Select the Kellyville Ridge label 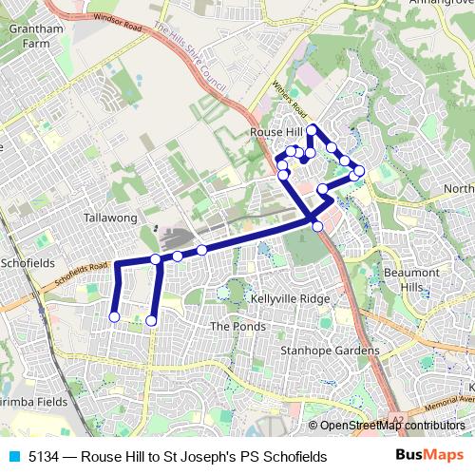pyautogui.click(x=290, y=298)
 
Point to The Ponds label pyautogui.click(x=233, y=326)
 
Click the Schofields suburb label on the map pyautogui.click(x=28, y=262)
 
